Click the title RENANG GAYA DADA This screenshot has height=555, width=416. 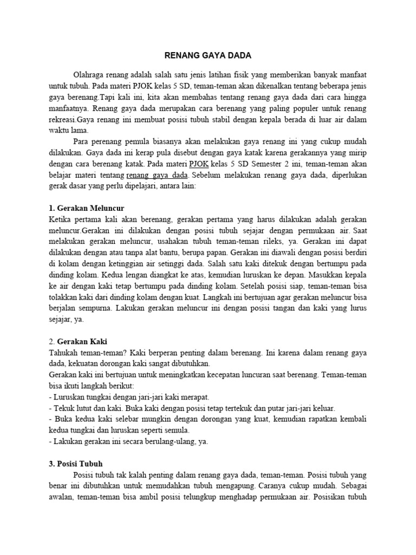point(208,55)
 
